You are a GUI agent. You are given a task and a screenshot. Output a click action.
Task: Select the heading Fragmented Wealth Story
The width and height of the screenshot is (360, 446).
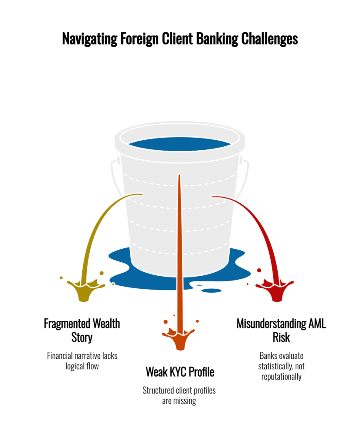pyautogui.click(x=82, y=330)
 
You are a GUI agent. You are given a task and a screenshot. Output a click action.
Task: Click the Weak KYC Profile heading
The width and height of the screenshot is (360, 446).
pyautogui.click(x=180, y=372)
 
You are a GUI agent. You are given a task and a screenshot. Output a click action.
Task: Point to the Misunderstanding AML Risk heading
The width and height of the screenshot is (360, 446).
pyautogui.click(x=281, y=330)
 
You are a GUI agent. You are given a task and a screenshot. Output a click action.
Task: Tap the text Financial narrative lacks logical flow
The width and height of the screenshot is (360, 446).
pyautogui.click(x=82, y=361)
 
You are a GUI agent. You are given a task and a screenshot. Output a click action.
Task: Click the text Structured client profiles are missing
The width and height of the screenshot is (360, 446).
pyautogui.click(x=179, y=395)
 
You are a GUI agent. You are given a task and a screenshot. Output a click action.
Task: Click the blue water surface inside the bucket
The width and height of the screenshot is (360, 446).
pyautogui.click(x=179, y=145)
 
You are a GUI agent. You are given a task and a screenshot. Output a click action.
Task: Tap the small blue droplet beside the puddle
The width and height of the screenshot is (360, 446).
pyautogui.click(x=214, y=291)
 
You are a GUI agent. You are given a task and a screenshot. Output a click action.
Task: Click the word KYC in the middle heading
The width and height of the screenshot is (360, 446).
pyautogui.click(x=178, y=372)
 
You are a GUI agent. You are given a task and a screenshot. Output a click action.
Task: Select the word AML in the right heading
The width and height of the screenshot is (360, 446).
pyautogui.click(x=314, y=324)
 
